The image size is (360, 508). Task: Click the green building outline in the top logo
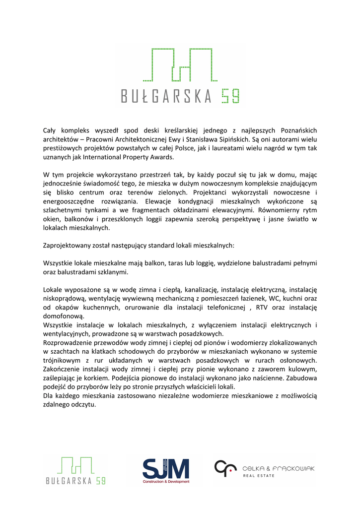click(x=177, y=66)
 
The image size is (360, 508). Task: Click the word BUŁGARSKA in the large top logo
click(x=166, y=96)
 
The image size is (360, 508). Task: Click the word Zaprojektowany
click(x=70, y=245)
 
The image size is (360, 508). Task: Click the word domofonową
click(x=64, y=316)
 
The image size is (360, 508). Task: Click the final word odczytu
click(x=81, y=405)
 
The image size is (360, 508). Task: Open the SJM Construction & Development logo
click(x=166, y=471)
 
